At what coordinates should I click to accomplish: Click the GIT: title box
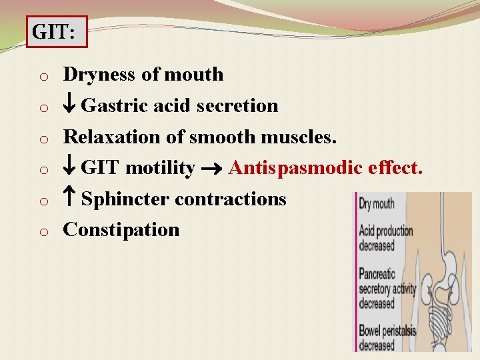[57, 32]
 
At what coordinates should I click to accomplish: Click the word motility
[159, 168]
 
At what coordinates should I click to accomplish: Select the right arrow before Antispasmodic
[211, 169]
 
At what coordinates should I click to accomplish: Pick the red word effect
[395, 168]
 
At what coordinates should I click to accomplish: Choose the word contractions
[231, 199]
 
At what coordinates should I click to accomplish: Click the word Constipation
[121, 230]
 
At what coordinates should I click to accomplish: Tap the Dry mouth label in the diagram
[377, 204]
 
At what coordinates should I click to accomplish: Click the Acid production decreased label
[386, 238]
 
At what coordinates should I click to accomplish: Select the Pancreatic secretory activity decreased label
[387, 289]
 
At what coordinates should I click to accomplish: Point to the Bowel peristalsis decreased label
[386, 337]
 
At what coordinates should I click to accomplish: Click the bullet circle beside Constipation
[41, 232]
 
